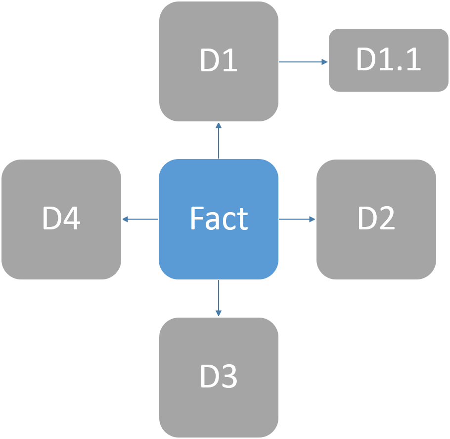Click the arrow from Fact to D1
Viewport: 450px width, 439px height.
(x=218, y=141)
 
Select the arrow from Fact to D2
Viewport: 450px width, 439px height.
(x=296, y=219)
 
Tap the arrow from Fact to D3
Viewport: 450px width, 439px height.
(x=218, y=297)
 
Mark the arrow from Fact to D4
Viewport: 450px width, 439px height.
(x=141, y=219)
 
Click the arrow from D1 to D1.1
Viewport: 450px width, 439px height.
(x=302, y=62)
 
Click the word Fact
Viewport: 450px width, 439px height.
(x=219, y=219)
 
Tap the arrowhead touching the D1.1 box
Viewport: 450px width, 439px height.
(x=324, y=62)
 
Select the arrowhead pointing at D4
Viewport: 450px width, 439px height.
(x=126, y=219)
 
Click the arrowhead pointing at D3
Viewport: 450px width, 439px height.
(x=218, y=313)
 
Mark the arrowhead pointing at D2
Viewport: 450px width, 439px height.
(x=312, y=219)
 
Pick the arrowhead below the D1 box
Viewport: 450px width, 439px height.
(x=218, y=126)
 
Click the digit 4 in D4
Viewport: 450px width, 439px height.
(x=72, y=219)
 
